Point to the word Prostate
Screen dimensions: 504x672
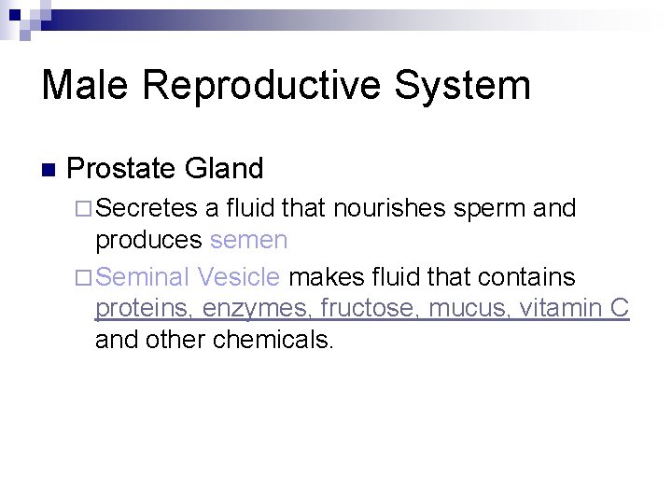[x=122, y=169]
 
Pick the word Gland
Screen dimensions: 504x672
[x=224, y=169]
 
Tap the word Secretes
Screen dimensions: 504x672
[x=147, y=208]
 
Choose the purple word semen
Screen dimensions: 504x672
[x=248, y=241]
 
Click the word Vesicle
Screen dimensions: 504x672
[x=239, y=276]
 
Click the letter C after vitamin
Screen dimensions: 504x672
[x=620, y=307]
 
